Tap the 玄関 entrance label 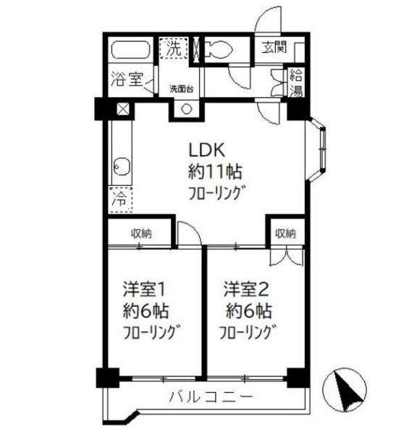coord(274,48)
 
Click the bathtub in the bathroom coord(131,53)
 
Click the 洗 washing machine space coord(174,50)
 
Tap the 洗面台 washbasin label coord(180,89)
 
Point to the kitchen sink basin coord(122,170)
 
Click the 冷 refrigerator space coord(118,197)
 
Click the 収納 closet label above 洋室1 coord(141,233)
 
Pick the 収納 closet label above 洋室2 coord(285,233)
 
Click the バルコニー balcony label coord(211,397)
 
